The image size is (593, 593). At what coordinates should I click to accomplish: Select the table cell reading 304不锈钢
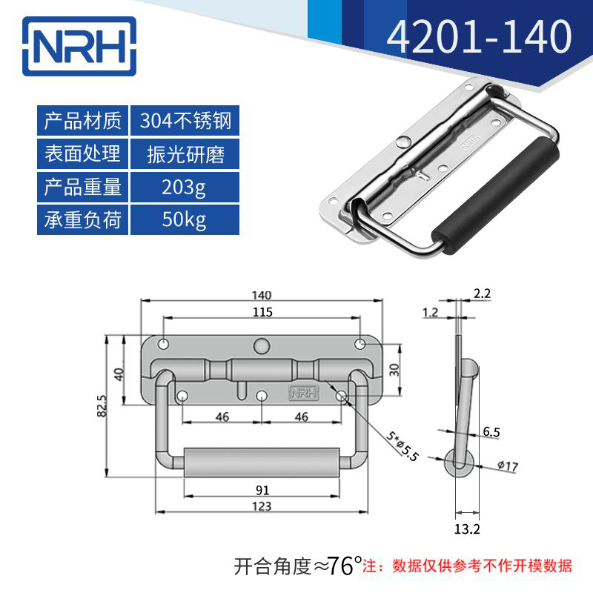pyautogui.click(x=185, y=120)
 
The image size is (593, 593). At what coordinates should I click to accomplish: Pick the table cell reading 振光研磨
pyautogui.click(x=185, y=153)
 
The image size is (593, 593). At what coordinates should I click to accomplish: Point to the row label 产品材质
pyautogui.click(x=82, y=120)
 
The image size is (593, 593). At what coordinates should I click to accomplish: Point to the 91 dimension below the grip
pyautogui.click(x=262, y=490)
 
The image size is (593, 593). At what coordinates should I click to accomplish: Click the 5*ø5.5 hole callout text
pyautogui.click(x=402, y=445)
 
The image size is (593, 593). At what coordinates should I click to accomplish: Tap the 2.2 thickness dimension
pyautogui.click(x=482, y=294)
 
